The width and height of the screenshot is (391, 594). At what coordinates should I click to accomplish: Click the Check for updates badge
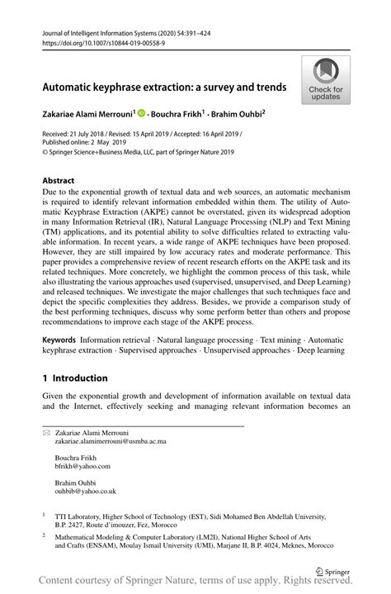point(326,79)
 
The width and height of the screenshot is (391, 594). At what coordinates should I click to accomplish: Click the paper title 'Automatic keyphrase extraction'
point(164,86)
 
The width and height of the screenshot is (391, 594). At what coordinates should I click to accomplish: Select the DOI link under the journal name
point(95,43)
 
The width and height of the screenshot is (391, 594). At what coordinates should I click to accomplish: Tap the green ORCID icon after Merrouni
point(141,112)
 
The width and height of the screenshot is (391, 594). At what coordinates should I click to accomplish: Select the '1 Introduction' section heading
point(75,378)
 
